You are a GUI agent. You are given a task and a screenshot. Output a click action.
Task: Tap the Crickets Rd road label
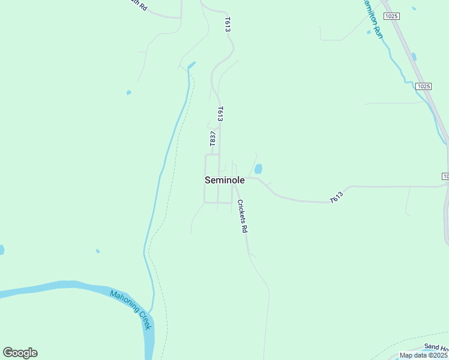[241, 216]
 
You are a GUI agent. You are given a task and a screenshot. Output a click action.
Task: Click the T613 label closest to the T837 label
[220, 114]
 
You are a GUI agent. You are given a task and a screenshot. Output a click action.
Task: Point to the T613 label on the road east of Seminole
[337, 196]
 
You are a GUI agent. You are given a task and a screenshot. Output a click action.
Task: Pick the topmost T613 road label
[228, 24]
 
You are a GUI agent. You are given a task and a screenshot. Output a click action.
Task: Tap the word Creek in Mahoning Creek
[146, 320]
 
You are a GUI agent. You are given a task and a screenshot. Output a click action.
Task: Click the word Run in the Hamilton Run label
[378, 31]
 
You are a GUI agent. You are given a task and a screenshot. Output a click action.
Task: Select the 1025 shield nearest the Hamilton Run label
[392, 16]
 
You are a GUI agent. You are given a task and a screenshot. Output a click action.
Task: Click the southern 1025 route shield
[423, 86]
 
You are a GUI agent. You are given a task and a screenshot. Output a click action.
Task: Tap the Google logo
[20, 353]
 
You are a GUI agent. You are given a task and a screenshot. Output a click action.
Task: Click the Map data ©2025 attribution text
[423, 355]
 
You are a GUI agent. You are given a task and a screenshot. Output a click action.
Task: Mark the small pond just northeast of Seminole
[258, 169]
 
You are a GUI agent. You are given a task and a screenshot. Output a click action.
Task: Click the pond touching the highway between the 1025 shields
[414, 57]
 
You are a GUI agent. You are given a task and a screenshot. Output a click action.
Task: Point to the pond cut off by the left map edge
[1, 250]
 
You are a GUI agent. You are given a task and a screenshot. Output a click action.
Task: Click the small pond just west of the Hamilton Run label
[369, 32]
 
